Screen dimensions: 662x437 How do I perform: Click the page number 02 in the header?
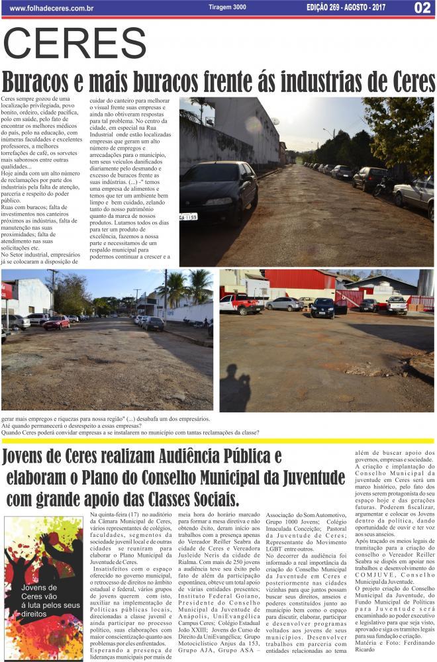[x=422, y=7]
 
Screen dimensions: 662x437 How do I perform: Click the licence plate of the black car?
[x=189, y=216]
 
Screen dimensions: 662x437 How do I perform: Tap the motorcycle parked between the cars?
[x=380, y=185]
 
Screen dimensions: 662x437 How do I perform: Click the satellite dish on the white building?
[x=274, y=122]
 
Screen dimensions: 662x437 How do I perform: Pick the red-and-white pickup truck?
[x=240, y=304]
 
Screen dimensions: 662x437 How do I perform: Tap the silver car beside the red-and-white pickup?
[x=284, y=304]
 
